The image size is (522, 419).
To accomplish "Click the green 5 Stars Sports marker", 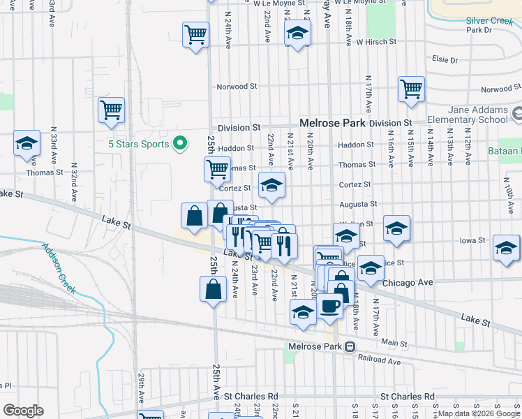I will [x=180, y=144].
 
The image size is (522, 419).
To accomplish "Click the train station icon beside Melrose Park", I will [x=350, y=346].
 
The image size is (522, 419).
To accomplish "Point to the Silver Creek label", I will [x=489, y=21].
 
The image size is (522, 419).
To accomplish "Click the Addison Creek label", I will [x=59, y=268].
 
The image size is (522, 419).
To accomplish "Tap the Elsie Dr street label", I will [x=445, y=59].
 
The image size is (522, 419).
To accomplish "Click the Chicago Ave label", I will [x=408, y=283].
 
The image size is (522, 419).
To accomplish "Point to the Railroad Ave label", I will [x=380, y=362].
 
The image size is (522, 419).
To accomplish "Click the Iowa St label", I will [x=472, y=240].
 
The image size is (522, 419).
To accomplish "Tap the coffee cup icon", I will [x=330, y=304].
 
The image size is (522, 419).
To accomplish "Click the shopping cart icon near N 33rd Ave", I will [x=111, y=110].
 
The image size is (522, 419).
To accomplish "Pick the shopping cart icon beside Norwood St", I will [x=411, y=89].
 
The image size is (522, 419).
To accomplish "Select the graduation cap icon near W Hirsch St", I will [x=297, y=32].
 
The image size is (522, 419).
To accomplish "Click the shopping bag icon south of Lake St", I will [x=213, y=288].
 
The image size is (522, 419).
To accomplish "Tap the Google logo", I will [x=23, y=411].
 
